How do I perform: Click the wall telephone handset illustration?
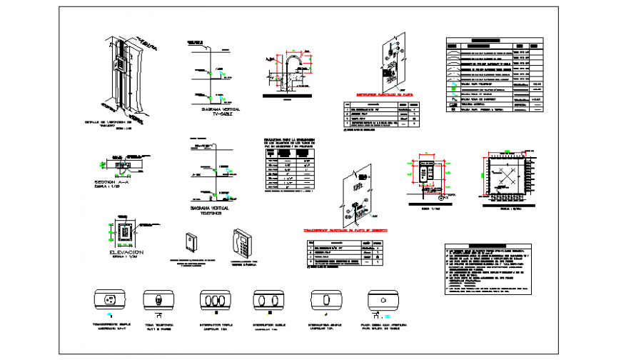coord(242,243)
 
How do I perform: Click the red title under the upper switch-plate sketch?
coord(384,94)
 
